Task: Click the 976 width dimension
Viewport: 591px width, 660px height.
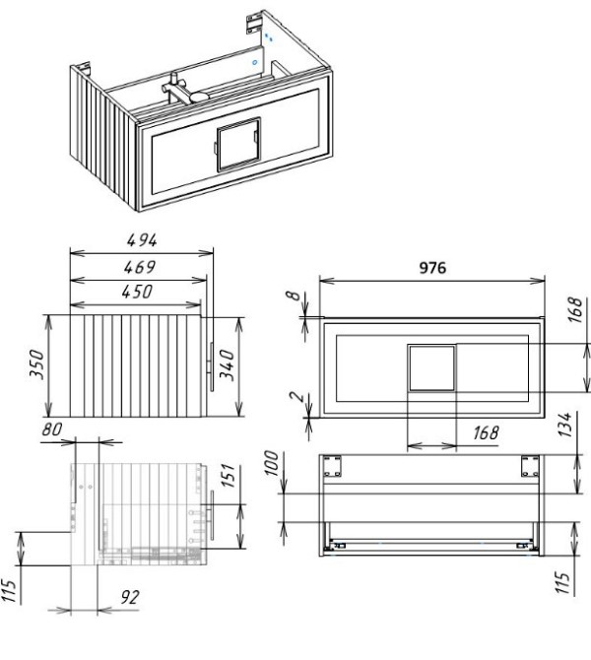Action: coord(432,268)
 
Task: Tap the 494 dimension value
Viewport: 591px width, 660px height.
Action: coord(142,240)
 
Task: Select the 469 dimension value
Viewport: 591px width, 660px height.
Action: coord(140,267)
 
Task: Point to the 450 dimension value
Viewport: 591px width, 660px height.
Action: coord(137,292)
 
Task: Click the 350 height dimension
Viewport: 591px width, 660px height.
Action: coord(37,364)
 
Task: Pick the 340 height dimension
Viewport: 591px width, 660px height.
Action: coord(228,364)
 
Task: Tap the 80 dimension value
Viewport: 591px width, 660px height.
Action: coord(52,429)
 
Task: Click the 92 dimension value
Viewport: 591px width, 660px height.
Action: coord(130,597)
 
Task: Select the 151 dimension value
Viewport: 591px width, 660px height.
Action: coord(228,476)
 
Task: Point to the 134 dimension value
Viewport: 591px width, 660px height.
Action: coord(564,425)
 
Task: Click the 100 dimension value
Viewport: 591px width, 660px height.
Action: coord(272,463)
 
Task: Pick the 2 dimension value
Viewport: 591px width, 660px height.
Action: coord(297,397)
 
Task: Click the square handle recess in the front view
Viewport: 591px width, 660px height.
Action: coord(431,368)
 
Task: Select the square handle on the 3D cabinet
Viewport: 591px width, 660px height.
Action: coord(238,145)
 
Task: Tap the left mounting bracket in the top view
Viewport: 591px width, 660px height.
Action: coord(332,466)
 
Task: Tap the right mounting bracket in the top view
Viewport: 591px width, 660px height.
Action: coord(530,466)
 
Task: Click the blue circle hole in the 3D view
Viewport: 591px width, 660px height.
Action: coord(255,63)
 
